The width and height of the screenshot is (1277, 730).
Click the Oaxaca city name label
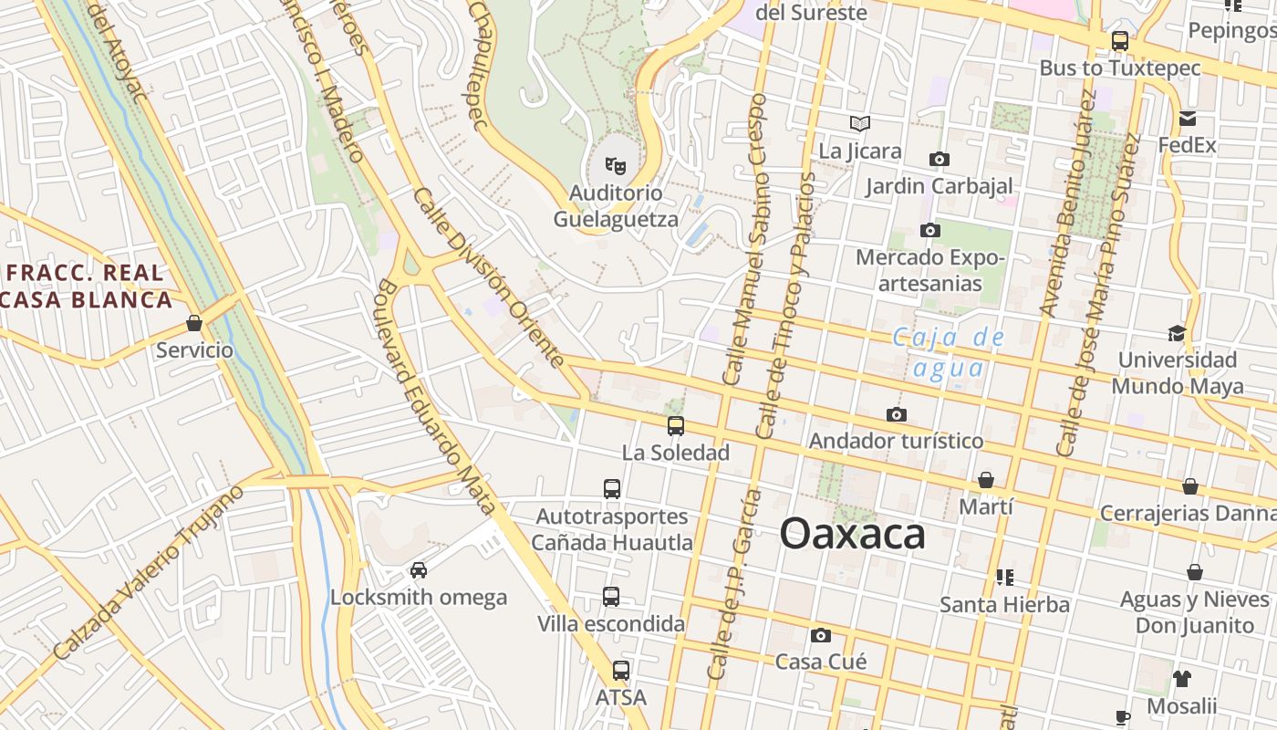point(853,534)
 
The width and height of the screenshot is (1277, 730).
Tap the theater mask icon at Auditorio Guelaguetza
point(616,166)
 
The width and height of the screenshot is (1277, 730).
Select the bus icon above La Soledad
point(676,425)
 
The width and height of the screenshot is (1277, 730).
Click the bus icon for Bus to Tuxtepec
point(1120,41)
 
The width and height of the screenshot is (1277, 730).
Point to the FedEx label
point(1187,145)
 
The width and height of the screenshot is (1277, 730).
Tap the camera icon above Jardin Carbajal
point(939,160)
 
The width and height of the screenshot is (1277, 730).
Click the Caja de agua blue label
point(949,352)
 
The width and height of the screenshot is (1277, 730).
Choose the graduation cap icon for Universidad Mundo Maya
point(1178,333)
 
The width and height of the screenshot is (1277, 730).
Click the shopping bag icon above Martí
point(986,480)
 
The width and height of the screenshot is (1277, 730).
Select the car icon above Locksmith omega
point(419,570)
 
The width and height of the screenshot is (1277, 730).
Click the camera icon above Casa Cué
point(821,635)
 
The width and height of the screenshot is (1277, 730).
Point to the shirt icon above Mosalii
point(1181,679)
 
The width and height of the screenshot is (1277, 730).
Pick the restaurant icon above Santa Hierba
point(1005,577)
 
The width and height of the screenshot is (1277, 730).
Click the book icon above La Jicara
point(860,123)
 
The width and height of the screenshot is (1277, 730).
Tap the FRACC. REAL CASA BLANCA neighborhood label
point(87,286)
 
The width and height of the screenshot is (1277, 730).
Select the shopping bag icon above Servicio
point(193,323)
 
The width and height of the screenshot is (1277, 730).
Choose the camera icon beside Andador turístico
point(897,415)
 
